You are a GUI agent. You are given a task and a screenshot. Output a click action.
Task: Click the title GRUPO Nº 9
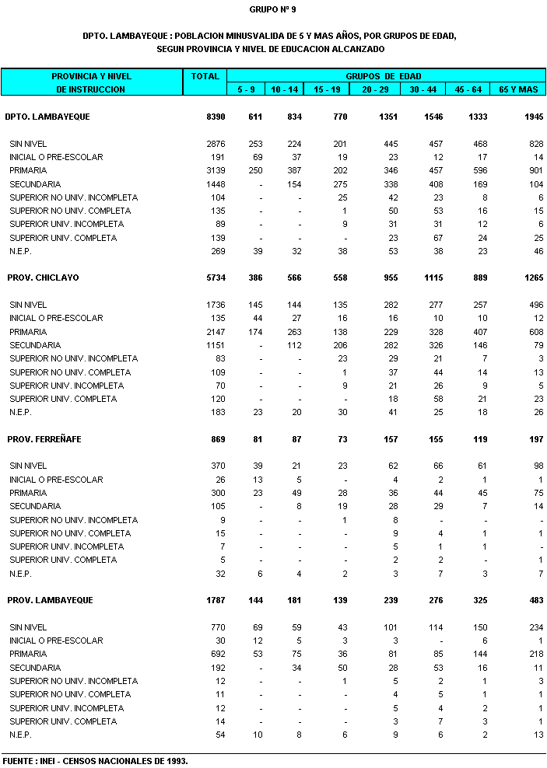point(272,9)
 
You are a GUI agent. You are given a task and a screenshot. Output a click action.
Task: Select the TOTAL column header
point(205,76)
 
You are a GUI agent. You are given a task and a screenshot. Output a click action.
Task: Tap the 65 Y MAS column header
point(518,89)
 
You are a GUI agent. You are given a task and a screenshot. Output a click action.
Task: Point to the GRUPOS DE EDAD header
point(384,76)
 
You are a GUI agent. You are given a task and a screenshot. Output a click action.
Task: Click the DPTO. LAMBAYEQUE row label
point(47,117)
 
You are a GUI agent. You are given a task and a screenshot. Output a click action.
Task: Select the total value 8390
point(216,117)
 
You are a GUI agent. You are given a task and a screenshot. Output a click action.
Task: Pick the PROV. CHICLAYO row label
point(43,278)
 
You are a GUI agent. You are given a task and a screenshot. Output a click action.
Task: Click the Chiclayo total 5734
point(216,278)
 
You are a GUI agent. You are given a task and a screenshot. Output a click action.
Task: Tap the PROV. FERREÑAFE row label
point(44,439)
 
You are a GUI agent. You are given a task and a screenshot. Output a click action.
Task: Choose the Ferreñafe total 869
point(218,439)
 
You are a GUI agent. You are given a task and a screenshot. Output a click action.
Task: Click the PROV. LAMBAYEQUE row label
point(50,600)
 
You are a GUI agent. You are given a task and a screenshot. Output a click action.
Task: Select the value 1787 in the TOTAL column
point(216,600)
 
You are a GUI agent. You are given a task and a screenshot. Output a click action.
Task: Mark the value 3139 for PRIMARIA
point(216,170)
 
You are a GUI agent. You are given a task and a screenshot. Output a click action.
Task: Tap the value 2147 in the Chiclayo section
point(216,331)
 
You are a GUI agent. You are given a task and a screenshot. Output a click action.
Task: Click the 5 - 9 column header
point(246,89)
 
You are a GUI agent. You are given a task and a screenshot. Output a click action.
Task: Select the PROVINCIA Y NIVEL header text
point(91,76)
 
